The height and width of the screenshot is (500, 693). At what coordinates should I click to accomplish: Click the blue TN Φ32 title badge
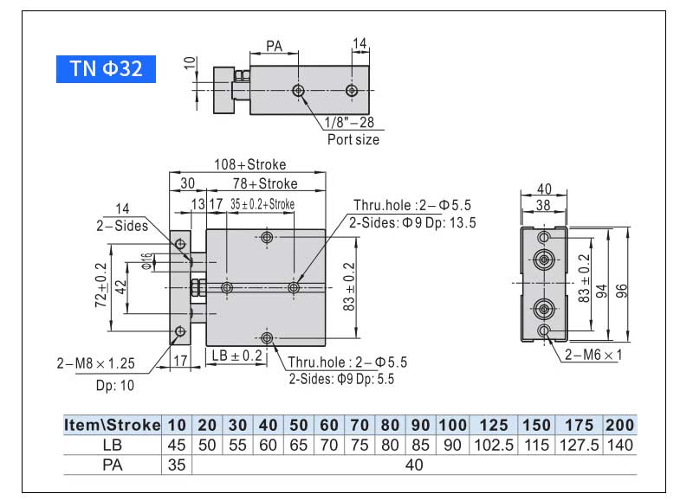click(106, 68)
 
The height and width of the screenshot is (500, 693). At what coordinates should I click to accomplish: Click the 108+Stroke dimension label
click(250, 164)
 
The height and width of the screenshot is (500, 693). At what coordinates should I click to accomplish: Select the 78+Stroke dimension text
click(264, 183)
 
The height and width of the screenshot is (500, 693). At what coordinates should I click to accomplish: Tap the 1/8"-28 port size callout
click(350, 122)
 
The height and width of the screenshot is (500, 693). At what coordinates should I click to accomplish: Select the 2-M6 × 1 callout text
click(592, 355)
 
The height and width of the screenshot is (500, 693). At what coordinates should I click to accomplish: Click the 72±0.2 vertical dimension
click(100, 285)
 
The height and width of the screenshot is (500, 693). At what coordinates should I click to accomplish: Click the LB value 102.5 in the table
click(493, 445)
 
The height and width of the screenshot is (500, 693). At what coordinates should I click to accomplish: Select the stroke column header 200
click(619, 425)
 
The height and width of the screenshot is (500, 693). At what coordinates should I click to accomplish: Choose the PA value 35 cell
click(177, 465)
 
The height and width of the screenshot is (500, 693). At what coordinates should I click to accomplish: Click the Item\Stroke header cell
click(113, 425)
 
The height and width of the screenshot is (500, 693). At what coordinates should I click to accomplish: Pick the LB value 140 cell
click(619, 445)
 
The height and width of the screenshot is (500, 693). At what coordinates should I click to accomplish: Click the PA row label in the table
click(113, 465)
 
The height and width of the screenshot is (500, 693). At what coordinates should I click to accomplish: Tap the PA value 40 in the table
click(414, 465)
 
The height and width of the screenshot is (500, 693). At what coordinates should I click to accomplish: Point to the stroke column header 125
click(493, 425)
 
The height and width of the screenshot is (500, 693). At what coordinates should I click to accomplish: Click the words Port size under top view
click(353, 139)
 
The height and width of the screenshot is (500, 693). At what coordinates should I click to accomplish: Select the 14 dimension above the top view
click(359, 43)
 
